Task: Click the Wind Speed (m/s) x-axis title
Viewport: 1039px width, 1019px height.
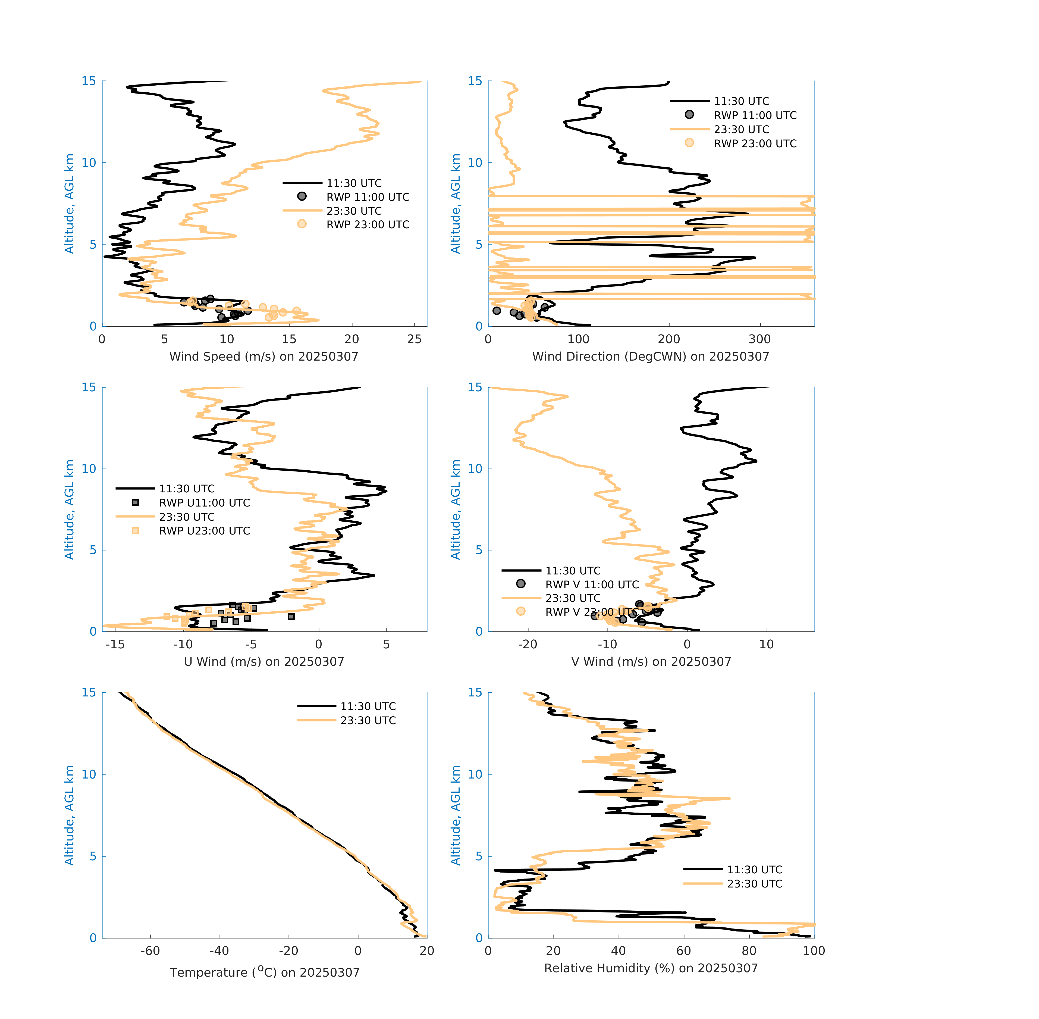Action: pyautogui.click(x=264, y=357)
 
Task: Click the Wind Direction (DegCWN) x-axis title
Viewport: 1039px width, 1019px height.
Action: pyautogui.click(x=651, y=357)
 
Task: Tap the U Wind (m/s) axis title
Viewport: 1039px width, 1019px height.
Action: pyautogui.click(x=264, y=661)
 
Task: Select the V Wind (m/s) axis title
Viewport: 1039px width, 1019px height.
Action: pyautogui.click(x=651, y=661)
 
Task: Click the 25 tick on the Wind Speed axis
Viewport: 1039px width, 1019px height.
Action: pyautogui.click(x=414, y=339)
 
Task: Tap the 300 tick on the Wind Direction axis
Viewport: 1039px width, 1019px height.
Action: pyautogui.click(x=760, y=339)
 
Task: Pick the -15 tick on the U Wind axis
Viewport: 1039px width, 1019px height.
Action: pyautogui.click(x=115, y=644)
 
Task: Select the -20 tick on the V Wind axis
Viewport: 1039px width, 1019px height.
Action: pyautogui.click(x=528, y=644)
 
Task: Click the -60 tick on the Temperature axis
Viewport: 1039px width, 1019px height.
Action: pyautogui.click(x=150, y=951)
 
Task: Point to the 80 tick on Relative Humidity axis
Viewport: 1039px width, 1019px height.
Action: pyautogui.click(x=749, y=951)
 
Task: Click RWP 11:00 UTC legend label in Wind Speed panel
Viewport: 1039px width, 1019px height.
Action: pyautogui.click(x=368, y=197)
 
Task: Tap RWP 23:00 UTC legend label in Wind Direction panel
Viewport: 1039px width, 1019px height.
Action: pyautogui.click(x=755, y=143)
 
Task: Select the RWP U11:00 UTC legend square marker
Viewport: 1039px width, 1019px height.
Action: pyautogui.click(x=135, y=502)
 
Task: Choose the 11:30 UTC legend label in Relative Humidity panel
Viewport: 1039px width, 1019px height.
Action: pyautogui.click(x=754, y=870)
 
